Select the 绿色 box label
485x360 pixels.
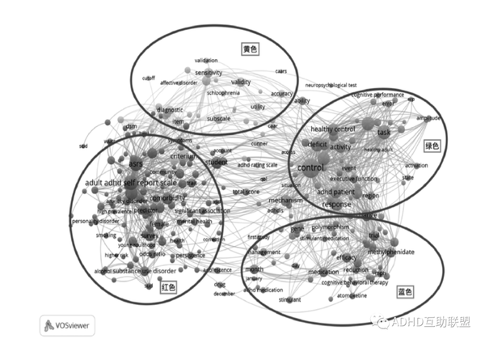coord(432,146)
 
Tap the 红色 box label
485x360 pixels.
coord(167,287)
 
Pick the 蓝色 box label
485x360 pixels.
coord(404,291)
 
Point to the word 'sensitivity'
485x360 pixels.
coord(209,73)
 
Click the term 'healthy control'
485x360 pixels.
coord(332,129)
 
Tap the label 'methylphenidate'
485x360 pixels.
coord(390,252)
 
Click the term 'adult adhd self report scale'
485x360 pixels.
coord(130,183)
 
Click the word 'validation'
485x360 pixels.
coord(206,60)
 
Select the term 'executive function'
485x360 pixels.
coord(353,178)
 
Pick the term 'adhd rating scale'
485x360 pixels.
coord(256,165)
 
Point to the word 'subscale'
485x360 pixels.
coord(218,119)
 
